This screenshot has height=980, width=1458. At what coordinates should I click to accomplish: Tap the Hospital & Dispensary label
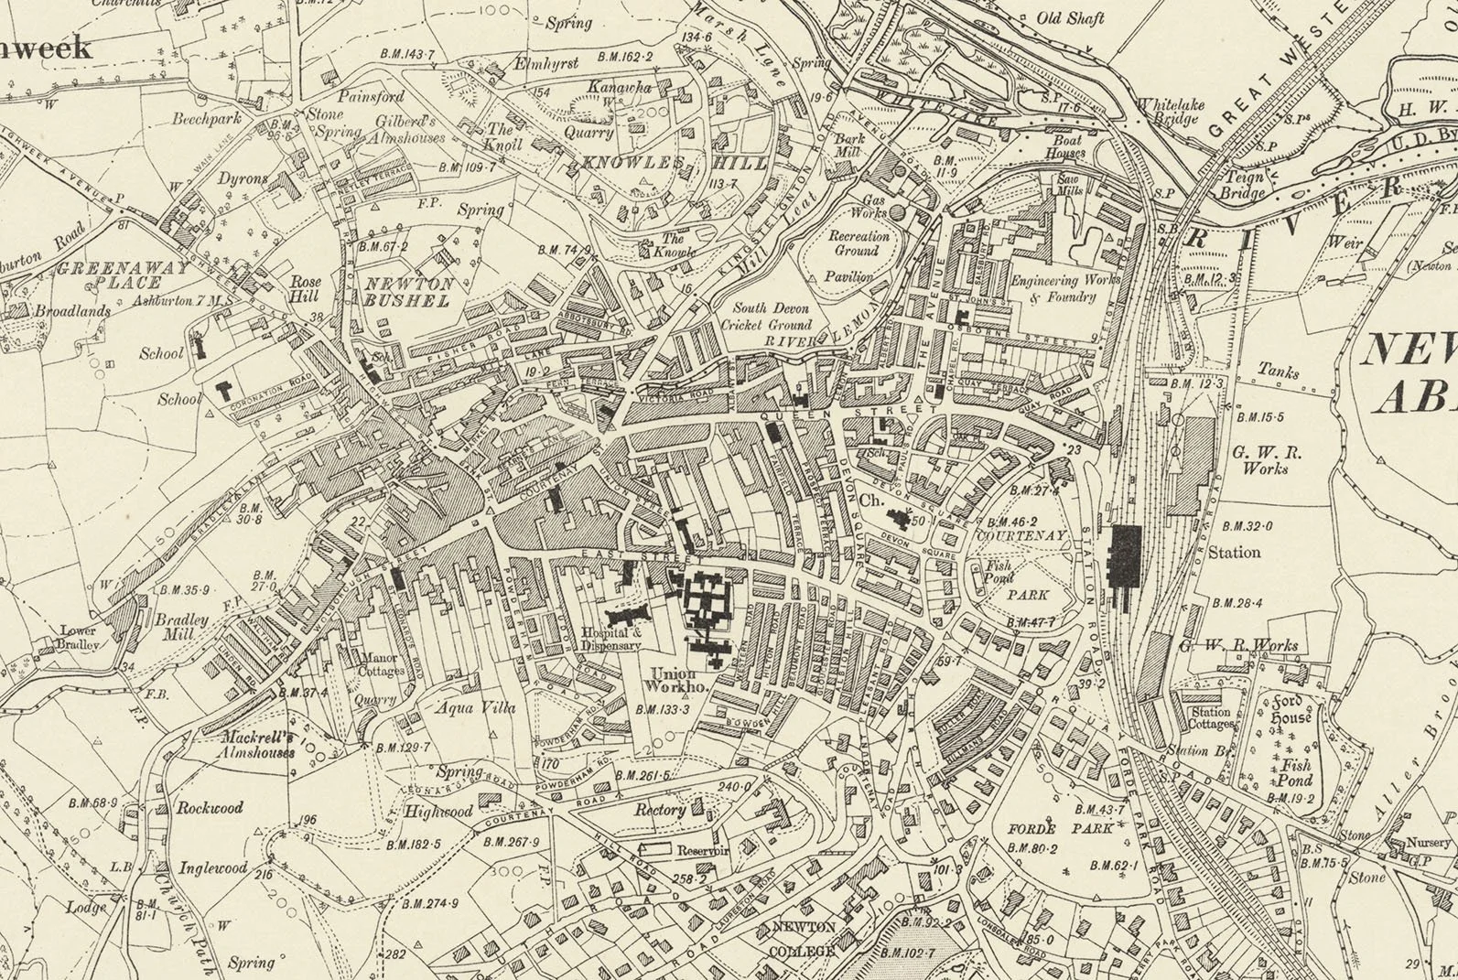pyautogui.click(x=612, y=639)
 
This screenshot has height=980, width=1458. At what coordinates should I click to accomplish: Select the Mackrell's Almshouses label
pyautogui.click(x=258, y=745)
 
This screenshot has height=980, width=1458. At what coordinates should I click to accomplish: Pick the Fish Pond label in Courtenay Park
pyautogui.click(x=997, y=572)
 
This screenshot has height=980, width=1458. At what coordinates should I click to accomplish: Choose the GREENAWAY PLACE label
pyautogui.click(x=120, y=275)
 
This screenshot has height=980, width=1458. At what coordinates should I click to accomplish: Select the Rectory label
pyautogui.click(x=660, y=811)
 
